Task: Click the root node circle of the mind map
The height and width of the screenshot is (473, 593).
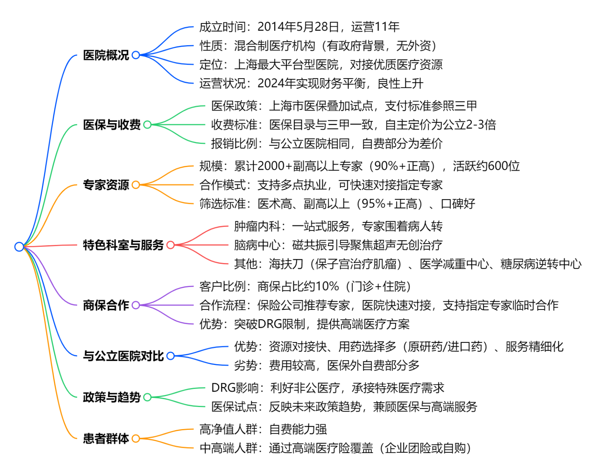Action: click(x=19, y=246)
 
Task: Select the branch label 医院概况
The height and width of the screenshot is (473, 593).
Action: click(x=106, y=55)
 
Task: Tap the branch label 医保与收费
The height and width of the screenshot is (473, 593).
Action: click(x=111, y=125)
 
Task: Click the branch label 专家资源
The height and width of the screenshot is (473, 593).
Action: click(x=106, y=185)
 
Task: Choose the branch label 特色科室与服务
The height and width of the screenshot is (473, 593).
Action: click(x=123, y=245)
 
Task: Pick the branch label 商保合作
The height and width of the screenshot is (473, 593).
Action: click(x=106, y=305)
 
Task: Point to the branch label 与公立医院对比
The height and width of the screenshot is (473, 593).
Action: click(x=123, y=356)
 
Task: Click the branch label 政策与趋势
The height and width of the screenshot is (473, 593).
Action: click(x=111, y=397)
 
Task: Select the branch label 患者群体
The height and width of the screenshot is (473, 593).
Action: click(x=106, y=438)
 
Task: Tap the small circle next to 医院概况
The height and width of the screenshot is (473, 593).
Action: click(x=136, y=55)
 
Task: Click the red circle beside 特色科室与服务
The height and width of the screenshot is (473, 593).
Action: click(x=170, y=245)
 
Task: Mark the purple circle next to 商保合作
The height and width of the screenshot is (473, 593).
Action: click(x=136, y=305)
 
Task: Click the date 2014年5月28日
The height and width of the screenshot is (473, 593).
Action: click(x=298, y=27)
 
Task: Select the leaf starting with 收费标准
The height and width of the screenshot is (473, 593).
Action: click(x=353, y=125)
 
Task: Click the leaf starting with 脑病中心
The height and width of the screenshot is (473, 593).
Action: click(x=338, y=245)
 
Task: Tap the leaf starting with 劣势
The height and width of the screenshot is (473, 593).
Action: click(x=326, y=365)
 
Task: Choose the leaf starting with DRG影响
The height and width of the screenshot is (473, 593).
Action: click(x=327, y=388)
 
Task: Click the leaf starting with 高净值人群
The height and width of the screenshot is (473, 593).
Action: click(x=263, y=429)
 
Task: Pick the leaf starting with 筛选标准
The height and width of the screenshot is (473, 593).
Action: click(x=337, y=204)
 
